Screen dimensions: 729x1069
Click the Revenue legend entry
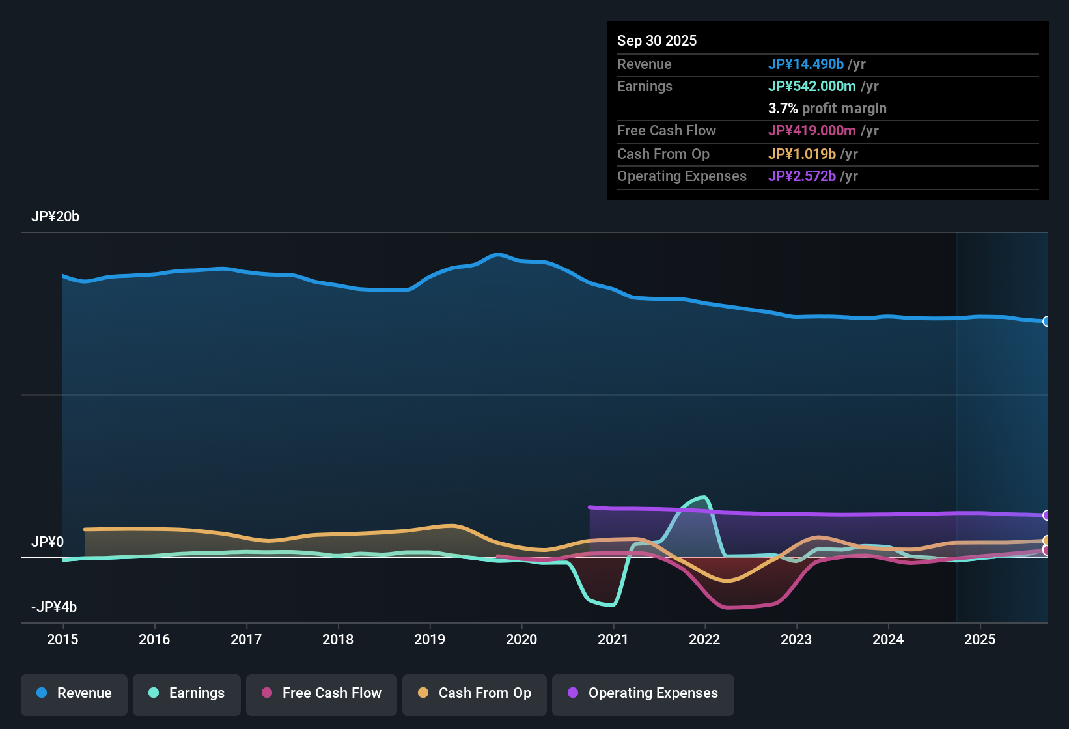coord(74,693)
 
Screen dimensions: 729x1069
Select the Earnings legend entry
coord(187,693)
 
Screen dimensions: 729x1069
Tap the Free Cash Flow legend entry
coord(322,693)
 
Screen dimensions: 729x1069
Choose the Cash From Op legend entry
coord(475,693)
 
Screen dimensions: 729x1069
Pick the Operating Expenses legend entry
coord(643,693)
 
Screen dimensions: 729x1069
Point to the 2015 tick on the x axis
coord(62,640)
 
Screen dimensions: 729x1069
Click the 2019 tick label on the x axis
coord(430,640)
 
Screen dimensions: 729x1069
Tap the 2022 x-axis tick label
coord(704,640)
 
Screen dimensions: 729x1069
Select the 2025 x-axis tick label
coord(979,640)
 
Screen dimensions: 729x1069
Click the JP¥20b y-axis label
coord(55,217)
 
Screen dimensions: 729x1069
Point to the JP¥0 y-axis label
coord(48,542)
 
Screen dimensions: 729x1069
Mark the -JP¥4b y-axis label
coord(54,607)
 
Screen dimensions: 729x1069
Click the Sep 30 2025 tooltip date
coord(656,41)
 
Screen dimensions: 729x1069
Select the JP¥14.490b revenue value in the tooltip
coord(805,64)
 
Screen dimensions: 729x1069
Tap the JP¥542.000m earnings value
coord(812,87)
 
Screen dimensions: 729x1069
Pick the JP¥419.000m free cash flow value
coord(812,131)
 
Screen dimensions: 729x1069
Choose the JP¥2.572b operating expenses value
coord(801,176)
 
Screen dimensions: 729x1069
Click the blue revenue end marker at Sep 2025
coord(1046,322)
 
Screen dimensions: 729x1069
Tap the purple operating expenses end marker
coord(1046,516)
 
